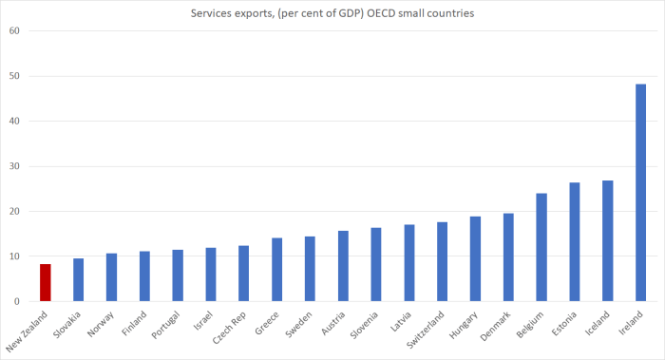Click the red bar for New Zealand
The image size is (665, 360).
tap(45, 283)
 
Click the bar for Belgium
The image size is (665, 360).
tap(541, 247)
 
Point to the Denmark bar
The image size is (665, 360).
tap(508, 257)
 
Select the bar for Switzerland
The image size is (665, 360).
tap(442, 262)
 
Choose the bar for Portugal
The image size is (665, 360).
tap(178, 275)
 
